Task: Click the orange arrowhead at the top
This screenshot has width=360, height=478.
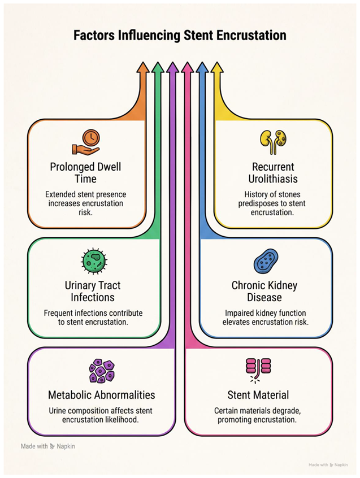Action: click(142, 67)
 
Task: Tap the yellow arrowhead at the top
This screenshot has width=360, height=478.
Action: click(216, 67)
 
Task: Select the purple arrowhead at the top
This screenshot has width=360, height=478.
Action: click(172, 67)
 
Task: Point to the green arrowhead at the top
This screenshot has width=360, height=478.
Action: click(157, 67)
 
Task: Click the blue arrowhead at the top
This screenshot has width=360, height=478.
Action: click(202, 67)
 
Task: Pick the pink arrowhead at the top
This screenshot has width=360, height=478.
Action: click(187, 67)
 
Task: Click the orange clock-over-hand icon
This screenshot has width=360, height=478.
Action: click(86, 142)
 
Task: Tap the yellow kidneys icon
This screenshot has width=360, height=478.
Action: click(274, 142)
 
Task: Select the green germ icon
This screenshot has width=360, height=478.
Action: click(94, 260)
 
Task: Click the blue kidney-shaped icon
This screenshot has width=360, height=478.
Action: click(266, 261)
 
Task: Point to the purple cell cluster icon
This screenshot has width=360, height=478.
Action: click(102, 371)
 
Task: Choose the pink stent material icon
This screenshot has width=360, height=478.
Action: click(258, 370)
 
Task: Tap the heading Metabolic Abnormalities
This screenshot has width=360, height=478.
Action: click(102, 395)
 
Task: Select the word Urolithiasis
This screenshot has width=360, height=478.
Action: click(273, 179)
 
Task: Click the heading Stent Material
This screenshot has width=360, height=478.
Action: click(258, 395)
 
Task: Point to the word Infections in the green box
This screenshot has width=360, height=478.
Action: click(93, 298)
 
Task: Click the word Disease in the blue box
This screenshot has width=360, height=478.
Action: click(264, 298)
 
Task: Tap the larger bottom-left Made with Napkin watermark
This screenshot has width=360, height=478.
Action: click(48, 446)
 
